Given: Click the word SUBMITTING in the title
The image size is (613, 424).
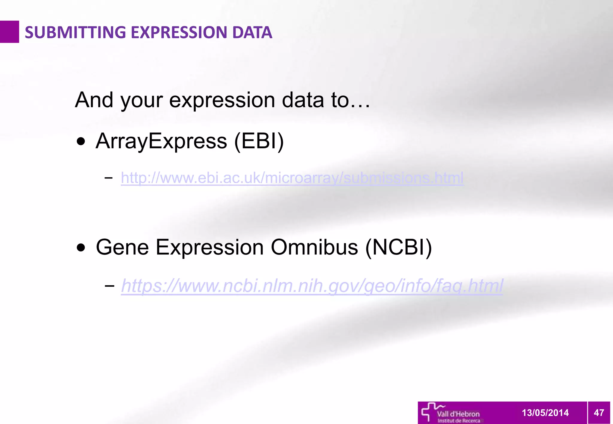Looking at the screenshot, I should click(x=75, y=32).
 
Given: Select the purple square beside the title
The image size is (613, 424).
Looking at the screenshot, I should click(x=9, y=32).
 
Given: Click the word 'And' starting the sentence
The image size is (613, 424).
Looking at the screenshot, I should click(x=94, y=100).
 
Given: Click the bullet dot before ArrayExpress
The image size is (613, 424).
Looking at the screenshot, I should click(x=81, y=141).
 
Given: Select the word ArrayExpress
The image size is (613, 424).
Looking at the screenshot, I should click(x=161, y=141).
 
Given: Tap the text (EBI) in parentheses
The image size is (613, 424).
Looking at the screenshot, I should click(x=259, y=141).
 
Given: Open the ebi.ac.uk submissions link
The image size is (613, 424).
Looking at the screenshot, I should click(x=292, y=178).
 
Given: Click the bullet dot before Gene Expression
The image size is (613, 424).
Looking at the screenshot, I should click(x=81, y=248).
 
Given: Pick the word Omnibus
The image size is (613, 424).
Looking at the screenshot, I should click(x=314, y=247).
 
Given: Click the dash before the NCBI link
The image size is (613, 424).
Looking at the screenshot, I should click(x=110, y=286).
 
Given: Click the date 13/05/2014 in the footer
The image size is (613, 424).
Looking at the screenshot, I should click(x=545, y=413).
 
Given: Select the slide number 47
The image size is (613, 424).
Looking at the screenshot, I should click(x=599, y=413).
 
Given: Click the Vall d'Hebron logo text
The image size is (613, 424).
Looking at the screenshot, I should click(x=458, y=414).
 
